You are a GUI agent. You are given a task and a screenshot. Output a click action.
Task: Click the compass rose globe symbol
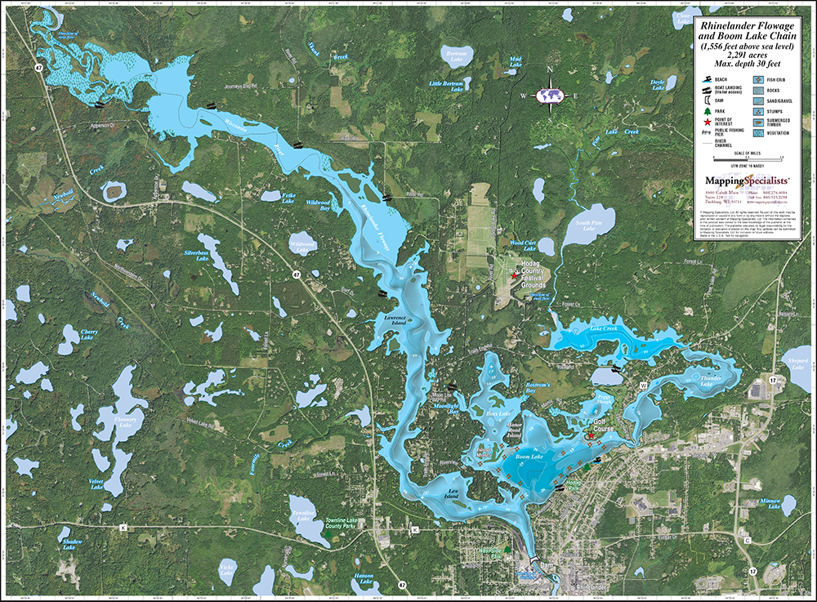coord(551,96)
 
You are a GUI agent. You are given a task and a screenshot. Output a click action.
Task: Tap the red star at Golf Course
coord(590,436)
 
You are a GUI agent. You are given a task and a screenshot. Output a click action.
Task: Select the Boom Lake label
coord(529,457)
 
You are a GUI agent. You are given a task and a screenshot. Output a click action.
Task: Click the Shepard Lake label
coord(796,363)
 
